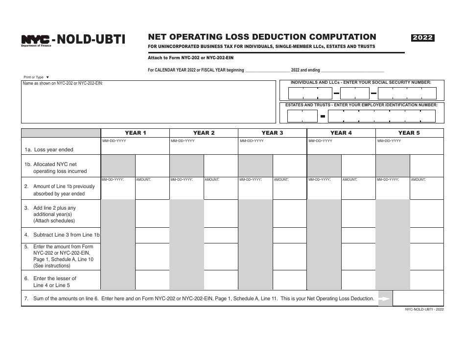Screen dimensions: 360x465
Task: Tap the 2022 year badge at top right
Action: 423,38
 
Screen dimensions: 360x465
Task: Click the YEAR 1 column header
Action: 135,133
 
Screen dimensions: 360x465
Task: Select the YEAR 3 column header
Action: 272,133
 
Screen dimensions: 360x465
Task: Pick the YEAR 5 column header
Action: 409,133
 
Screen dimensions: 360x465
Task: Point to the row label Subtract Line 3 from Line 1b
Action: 66,235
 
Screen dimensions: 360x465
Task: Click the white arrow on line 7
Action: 385,298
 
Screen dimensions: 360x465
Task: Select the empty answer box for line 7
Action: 418,298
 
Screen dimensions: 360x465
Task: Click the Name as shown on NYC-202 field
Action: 148,101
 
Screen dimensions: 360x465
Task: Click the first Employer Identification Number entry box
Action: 302,116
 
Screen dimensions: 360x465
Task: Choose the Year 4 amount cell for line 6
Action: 358,280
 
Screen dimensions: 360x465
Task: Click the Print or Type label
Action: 33,77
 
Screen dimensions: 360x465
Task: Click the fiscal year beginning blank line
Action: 267,71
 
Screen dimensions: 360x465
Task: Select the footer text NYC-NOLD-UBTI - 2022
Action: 424,310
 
